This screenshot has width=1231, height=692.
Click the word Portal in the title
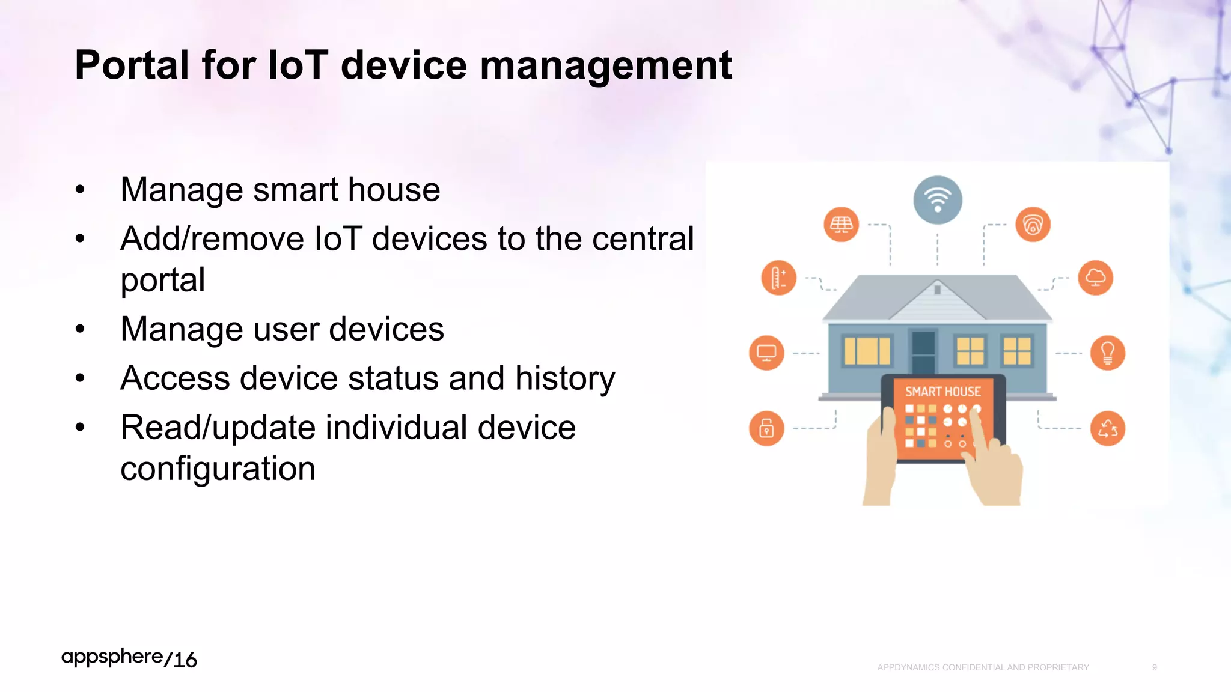click(x=132, y=65)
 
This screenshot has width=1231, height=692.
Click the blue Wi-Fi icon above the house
click(x=937, y=200)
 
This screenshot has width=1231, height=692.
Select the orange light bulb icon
click(x=1107, y=353)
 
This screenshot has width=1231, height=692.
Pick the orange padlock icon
click(x=766, y=428)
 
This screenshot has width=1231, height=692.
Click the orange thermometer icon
click(x=778, y=278)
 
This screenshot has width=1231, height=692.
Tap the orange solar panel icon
click(x=841, y=225)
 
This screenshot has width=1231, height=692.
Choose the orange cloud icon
click(x=1095, y=278)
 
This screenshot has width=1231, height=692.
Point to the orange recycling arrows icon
click(x=1107, y=428)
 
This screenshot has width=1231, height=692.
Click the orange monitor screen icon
click(x=766, y=353)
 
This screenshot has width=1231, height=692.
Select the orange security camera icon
click(x=1033, y=225)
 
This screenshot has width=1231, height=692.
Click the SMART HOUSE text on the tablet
click(x=942, y=392)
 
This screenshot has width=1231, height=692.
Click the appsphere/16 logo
click(x=129, y=658)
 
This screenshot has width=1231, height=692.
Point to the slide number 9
click(x=1154, y=667)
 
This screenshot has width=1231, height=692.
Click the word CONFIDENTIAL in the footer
click(x=973, y=667)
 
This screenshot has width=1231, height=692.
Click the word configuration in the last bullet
click(x=218, y=469)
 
